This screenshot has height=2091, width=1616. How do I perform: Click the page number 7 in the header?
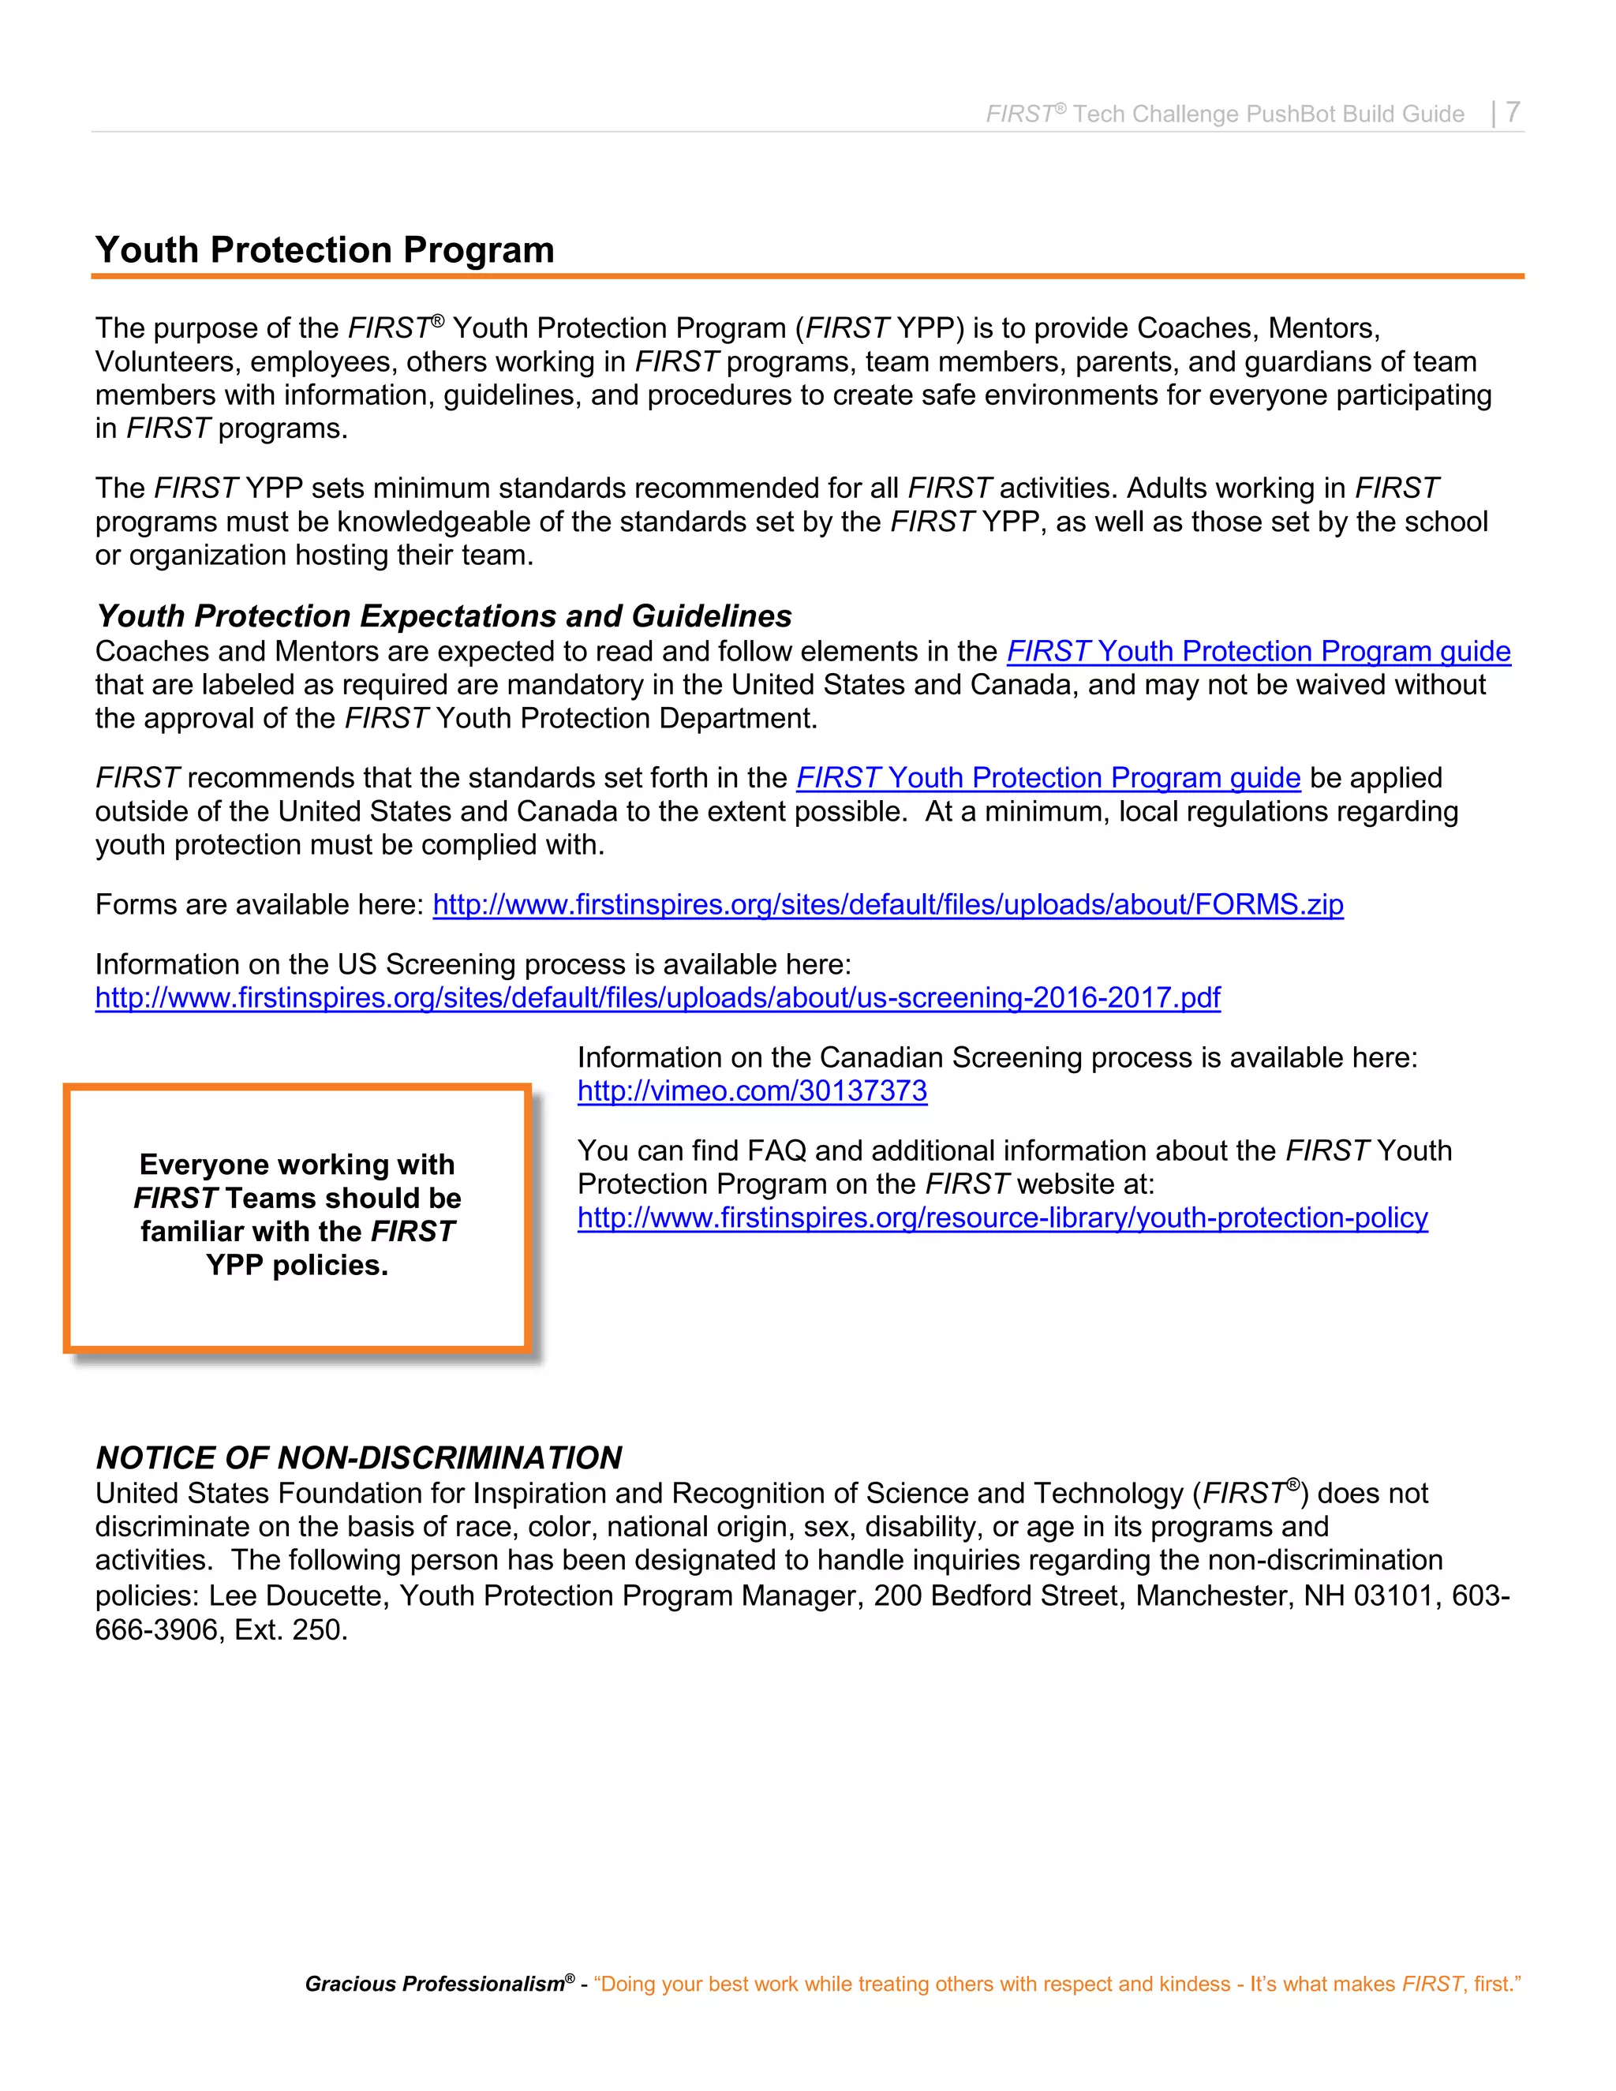(1512, 112)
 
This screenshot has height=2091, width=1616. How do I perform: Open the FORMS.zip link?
(888, 905)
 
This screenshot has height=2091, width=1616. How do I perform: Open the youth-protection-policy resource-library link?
(1001, 1218)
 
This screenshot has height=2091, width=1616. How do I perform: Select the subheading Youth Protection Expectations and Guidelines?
(444, 615)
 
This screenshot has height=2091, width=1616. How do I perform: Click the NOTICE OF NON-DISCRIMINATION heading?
(359, 1457)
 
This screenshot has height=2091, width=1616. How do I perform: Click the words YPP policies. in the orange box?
(297, 1265)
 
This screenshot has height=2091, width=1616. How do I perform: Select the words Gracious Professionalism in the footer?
(434, 1984)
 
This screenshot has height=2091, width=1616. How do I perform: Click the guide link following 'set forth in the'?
(1047, 777)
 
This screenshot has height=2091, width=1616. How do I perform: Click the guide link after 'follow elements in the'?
(1257, 651)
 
